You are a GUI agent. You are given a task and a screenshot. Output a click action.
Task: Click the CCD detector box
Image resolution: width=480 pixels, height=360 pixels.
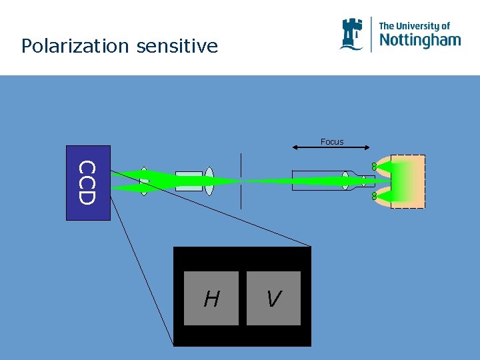88,182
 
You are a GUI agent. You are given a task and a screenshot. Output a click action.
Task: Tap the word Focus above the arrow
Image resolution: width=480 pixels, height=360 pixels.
332,141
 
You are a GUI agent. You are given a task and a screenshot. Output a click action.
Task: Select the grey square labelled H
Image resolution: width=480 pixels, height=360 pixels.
211,298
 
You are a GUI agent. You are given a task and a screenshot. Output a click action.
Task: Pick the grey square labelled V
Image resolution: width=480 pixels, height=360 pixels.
273,298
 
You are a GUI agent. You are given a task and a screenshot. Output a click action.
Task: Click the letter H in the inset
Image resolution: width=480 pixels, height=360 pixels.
211,300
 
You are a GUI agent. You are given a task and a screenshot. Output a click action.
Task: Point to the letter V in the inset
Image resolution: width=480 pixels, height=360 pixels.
273,300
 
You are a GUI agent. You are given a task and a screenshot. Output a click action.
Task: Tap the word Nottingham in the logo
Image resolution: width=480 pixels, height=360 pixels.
419,40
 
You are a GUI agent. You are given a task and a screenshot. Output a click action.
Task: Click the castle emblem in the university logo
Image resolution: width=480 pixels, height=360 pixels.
351,33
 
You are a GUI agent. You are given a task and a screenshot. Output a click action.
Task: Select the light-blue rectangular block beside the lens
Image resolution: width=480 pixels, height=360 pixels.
189,181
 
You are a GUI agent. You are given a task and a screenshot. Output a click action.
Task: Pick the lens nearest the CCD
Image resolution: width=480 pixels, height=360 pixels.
145,181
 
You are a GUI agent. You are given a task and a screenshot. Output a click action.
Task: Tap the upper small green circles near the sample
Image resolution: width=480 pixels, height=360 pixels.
375,165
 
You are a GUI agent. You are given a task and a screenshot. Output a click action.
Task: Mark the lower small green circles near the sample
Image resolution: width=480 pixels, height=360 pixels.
375,197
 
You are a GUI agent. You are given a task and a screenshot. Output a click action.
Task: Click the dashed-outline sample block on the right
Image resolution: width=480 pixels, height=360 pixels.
407,181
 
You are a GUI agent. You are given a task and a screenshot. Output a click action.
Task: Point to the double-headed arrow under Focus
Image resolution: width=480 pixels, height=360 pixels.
332,148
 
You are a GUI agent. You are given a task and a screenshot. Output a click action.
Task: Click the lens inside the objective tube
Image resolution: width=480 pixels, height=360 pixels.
345,181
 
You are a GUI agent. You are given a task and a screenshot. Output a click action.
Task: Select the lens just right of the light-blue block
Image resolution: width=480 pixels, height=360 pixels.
209,181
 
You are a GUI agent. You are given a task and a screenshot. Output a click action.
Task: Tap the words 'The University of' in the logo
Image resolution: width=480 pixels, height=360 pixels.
414,26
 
